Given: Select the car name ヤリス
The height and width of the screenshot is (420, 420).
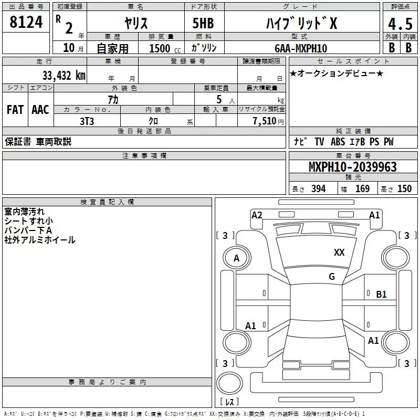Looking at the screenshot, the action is [x=135, y=23].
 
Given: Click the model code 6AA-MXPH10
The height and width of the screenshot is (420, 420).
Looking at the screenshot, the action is [x=301, y=48].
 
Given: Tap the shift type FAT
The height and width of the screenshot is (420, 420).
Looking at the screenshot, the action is [x=15, y=109].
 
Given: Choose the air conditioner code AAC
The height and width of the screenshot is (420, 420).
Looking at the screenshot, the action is [x=40, y=109].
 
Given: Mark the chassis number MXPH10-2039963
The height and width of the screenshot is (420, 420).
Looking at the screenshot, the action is [x=352, y=167].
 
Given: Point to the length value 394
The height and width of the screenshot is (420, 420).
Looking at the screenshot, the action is [x=318, y=189].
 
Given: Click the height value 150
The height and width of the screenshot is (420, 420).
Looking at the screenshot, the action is [x=404, y=189].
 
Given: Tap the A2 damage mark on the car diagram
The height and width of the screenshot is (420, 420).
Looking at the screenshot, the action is [x=257, y=215].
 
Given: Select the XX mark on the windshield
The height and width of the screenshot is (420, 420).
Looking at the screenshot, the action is [x=339, y=253].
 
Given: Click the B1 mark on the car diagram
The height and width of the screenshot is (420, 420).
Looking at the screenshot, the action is [x=381, y=295].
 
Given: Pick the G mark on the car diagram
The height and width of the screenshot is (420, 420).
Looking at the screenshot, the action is [x=331, y=277].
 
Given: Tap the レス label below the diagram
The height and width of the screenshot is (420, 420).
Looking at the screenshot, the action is [x=231, y=402].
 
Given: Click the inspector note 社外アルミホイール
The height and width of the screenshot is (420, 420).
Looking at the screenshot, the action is [x=40, y=240].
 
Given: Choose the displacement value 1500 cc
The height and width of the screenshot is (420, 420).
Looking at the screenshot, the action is [x=162, y=48].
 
